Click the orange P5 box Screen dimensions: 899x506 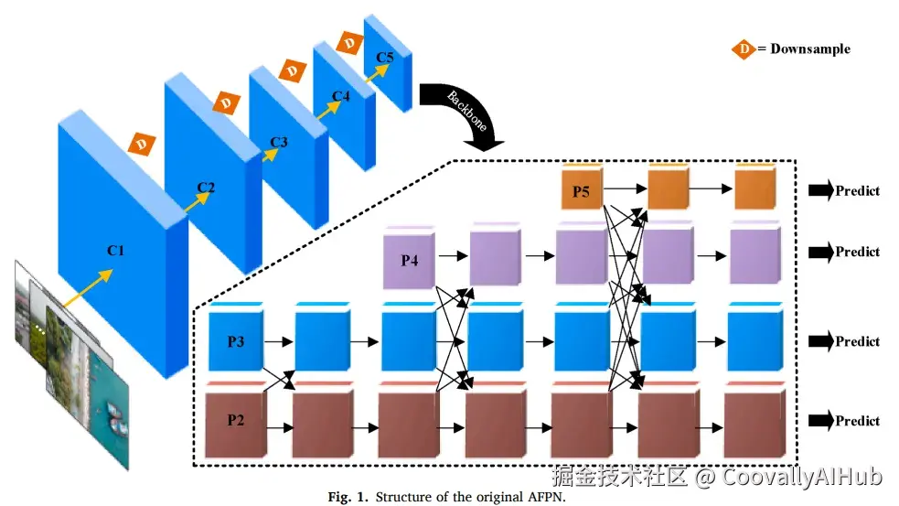point(582,187)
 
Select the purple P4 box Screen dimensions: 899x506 point(409,258)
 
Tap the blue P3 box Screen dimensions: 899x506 point(236,338)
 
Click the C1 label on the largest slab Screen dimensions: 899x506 point(116,250)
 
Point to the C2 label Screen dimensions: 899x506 point(206,188)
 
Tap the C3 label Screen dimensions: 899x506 point(279,142)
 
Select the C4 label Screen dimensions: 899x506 point(340,96)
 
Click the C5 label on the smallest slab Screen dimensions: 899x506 point(385,58)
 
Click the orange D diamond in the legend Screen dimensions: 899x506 point(744,49)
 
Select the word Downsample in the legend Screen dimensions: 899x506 point(810,48)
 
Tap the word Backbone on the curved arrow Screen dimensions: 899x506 point(467,111)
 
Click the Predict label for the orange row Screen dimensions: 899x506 point(857,190)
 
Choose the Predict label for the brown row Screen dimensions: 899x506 point(857,421)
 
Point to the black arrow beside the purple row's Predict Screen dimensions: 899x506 point(821,252)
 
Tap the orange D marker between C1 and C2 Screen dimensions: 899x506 point(142,144)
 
